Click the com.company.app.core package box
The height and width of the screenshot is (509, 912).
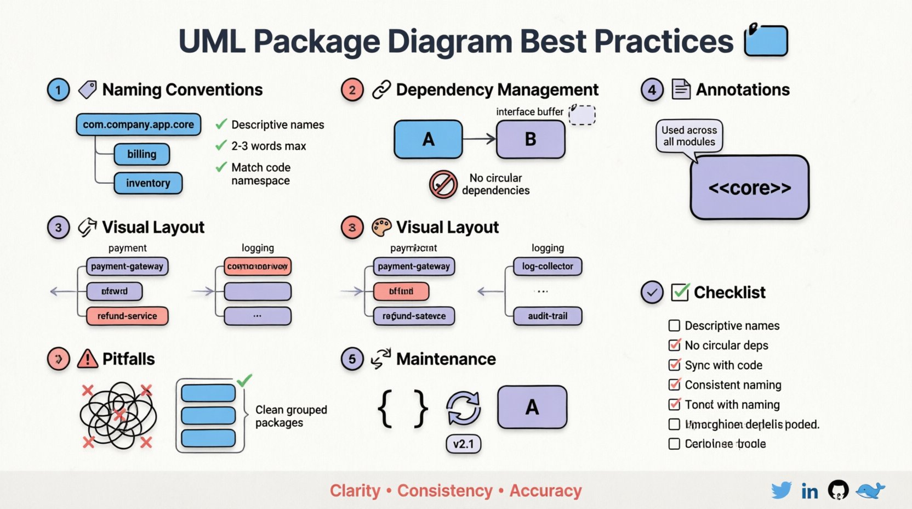pos(138,125)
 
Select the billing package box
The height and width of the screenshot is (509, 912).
pos(141,154)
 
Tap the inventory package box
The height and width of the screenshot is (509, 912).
pos(148,183)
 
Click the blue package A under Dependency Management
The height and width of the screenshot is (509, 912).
pos(428,139)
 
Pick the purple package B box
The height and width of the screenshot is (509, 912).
pos(531,139)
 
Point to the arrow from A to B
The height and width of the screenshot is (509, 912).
pos(479,139)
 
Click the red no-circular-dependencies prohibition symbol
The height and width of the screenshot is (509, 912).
pos(443,184)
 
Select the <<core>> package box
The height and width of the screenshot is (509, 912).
pos(749,188)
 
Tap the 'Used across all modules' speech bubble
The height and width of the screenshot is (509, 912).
pos(689,136)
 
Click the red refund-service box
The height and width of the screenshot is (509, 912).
pos(127,316)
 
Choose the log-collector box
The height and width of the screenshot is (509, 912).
pos(548,266)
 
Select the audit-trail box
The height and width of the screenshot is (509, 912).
pos(548,316)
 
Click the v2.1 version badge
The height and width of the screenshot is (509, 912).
pos(463,444)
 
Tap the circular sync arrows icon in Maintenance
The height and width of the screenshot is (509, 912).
pos(463,408)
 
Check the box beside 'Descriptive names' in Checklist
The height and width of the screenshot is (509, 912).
pos(674,326)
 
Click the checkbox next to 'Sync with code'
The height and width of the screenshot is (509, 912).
pos(674,365)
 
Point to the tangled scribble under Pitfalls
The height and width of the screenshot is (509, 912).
pos(118,415)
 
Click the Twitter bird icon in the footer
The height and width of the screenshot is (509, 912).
pos(781,490)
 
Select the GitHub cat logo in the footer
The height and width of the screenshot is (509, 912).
pos(838,490)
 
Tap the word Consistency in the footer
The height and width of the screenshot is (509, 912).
pos(444,490)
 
